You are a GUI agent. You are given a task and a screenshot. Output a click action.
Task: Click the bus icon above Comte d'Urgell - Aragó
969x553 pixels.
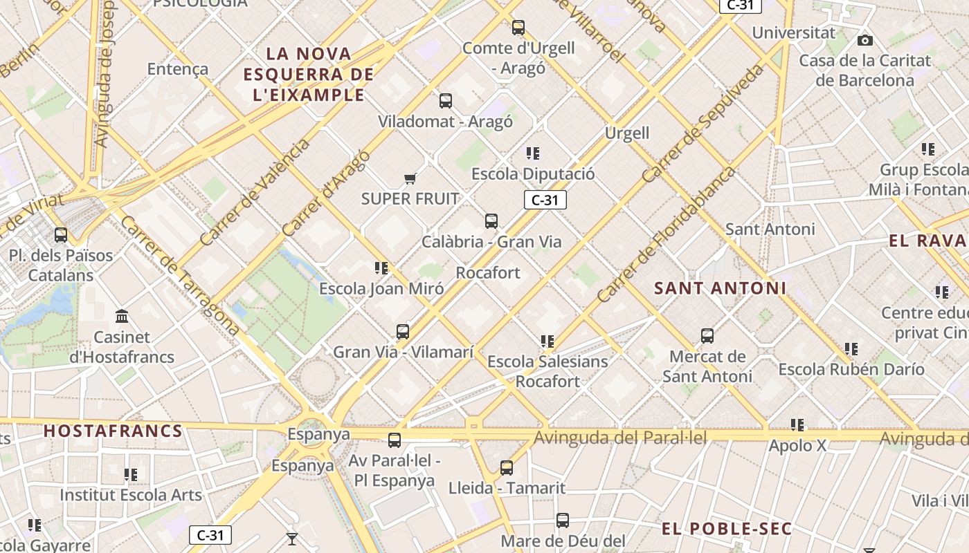(518, 28)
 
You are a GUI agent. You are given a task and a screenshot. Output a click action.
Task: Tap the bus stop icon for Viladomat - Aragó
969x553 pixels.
(446, 101)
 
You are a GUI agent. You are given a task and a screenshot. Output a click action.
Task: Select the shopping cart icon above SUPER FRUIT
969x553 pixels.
(410, 179)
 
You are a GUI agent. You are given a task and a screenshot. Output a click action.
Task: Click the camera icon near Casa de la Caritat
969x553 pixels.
(864, 41)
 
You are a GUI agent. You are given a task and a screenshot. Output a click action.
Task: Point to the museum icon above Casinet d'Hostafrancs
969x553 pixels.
(123, 317)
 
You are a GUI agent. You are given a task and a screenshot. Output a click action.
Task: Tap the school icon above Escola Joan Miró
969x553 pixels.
(381, 268)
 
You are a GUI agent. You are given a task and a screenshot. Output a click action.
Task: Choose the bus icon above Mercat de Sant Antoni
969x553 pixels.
(707, 336)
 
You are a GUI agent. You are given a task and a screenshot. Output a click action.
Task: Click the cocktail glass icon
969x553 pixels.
(291, 538)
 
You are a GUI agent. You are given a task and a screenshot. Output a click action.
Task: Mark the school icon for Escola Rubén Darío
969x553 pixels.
(851, 349)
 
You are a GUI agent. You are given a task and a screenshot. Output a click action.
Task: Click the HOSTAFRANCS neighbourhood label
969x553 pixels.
(113, 431)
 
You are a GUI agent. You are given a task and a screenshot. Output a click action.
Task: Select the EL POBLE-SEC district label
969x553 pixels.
(726, 529)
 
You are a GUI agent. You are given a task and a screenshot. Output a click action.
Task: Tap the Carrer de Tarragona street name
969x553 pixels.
(179, 276)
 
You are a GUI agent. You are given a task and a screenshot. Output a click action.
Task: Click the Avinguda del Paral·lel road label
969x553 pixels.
(620, 438)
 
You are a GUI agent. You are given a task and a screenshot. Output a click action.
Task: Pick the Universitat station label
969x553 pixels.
(793, 32)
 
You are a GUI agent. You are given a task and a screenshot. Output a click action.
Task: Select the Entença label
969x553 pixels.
(178, 68)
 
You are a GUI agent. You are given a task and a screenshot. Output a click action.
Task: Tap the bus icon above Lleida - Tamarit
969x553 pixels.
(507, 468)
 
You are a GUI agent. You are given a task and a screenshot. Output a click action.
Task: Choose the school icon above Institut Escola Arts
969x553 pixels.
(131, 475)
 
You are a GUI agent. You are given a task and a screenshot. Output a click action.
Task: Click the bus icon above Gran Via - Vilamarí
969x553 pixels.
(403, 332)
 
